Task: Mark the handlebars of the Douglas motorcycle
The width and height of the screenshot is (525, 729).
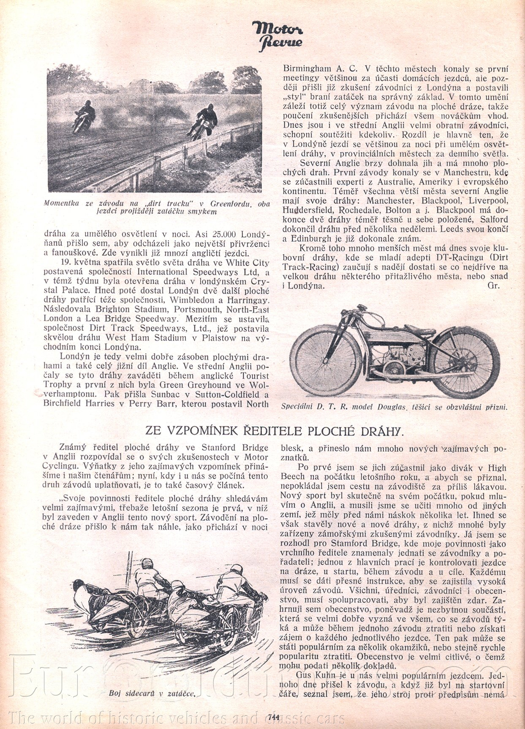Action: pos(360,312)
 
